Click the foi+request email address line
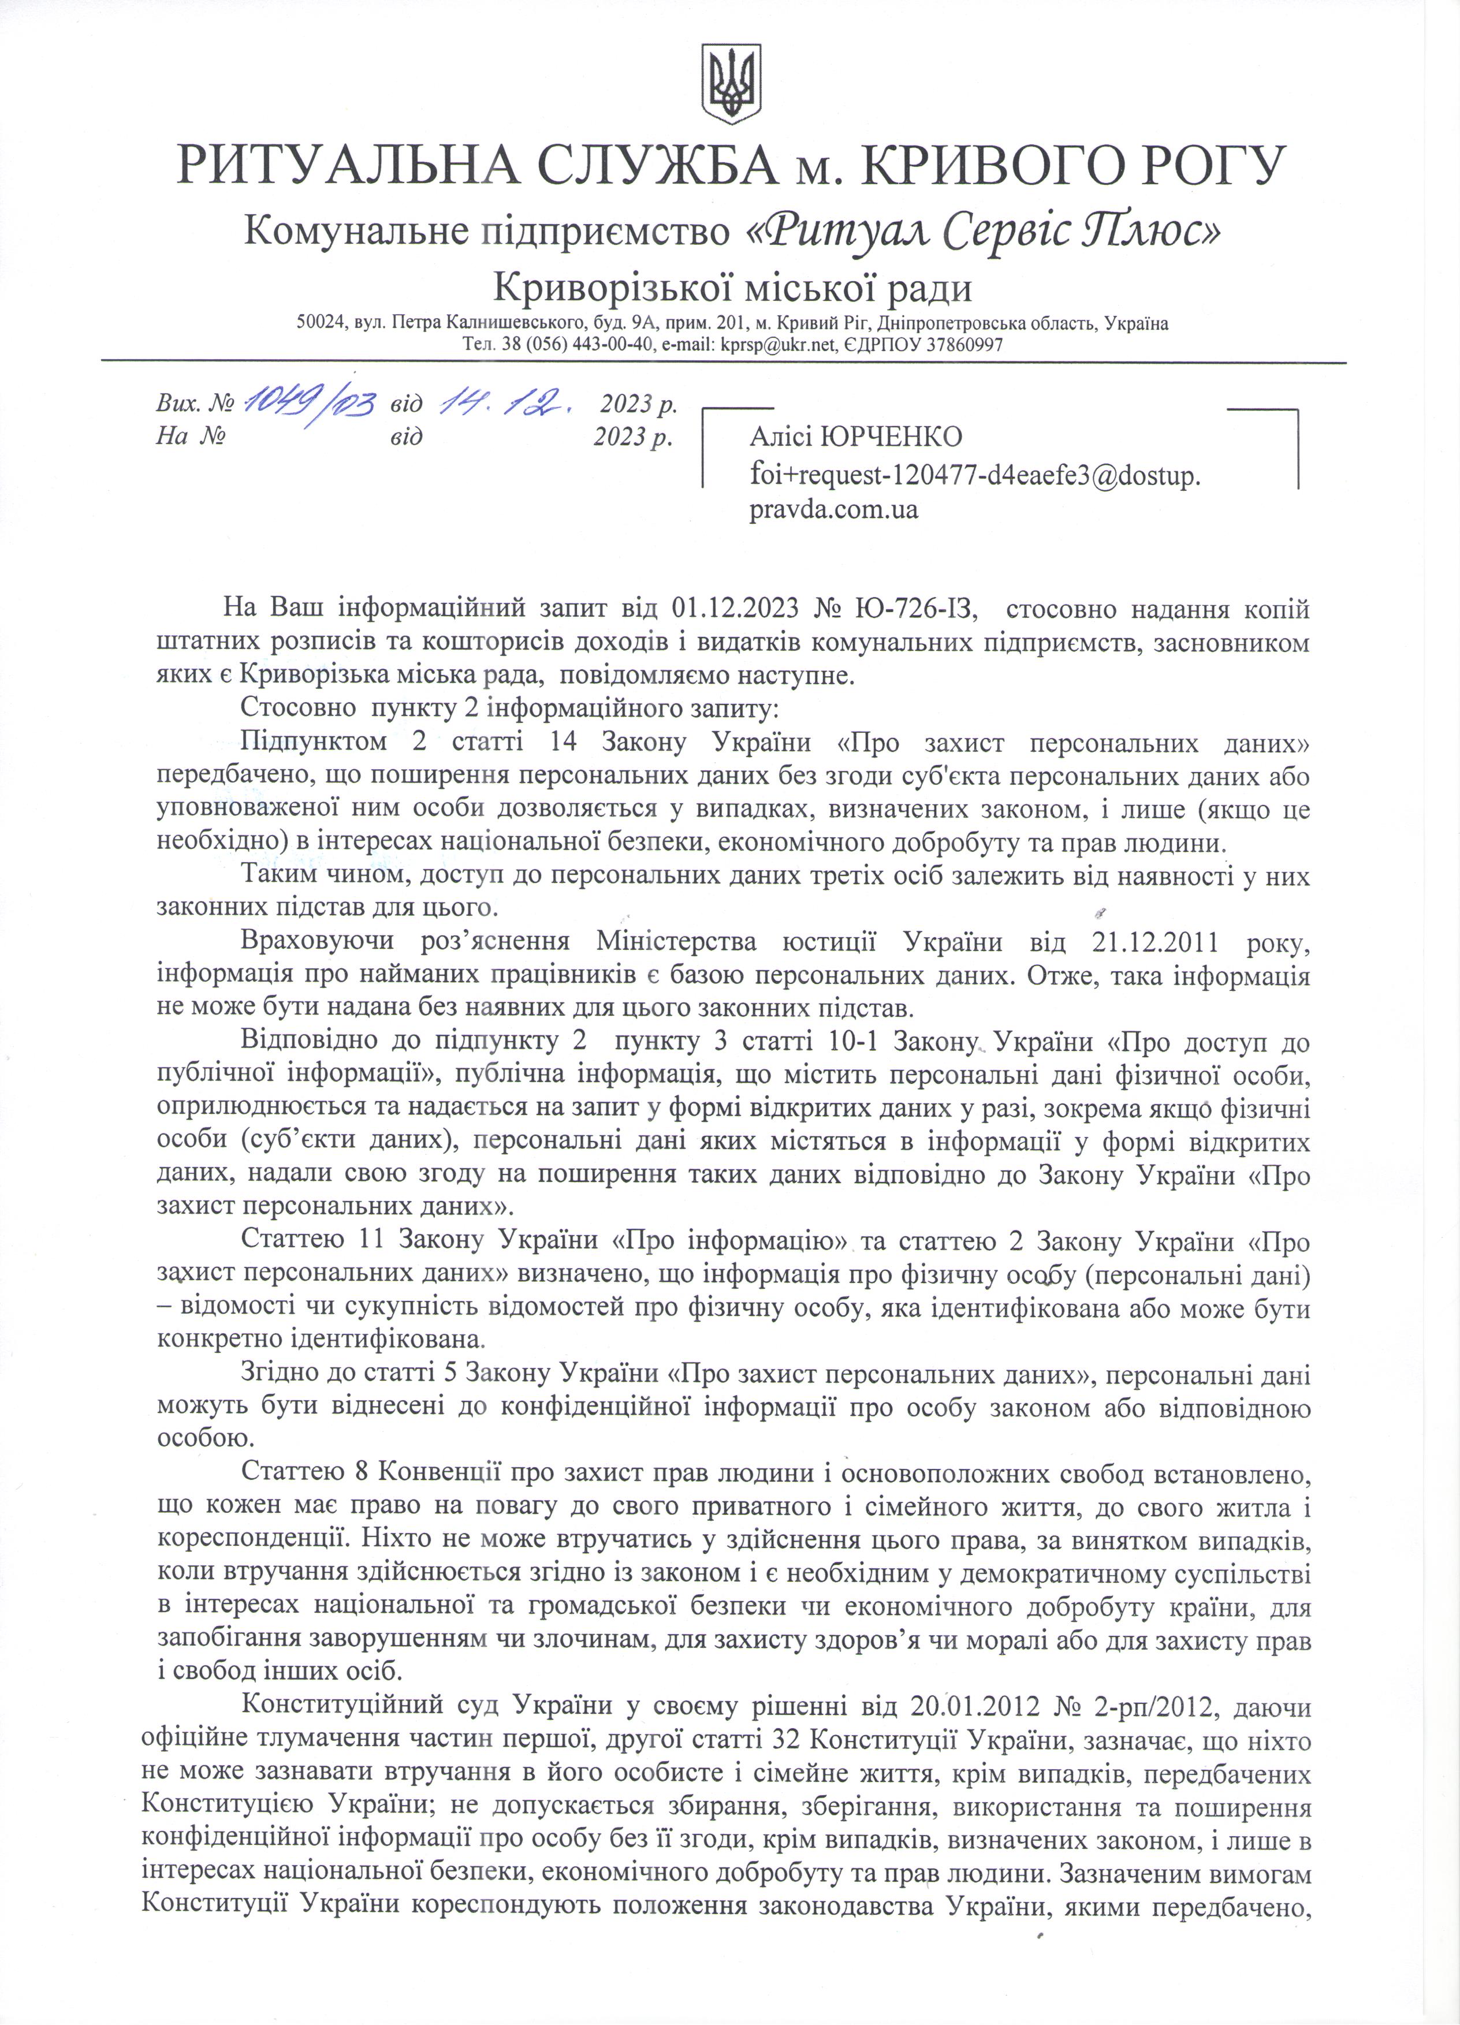click(975, 476)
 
